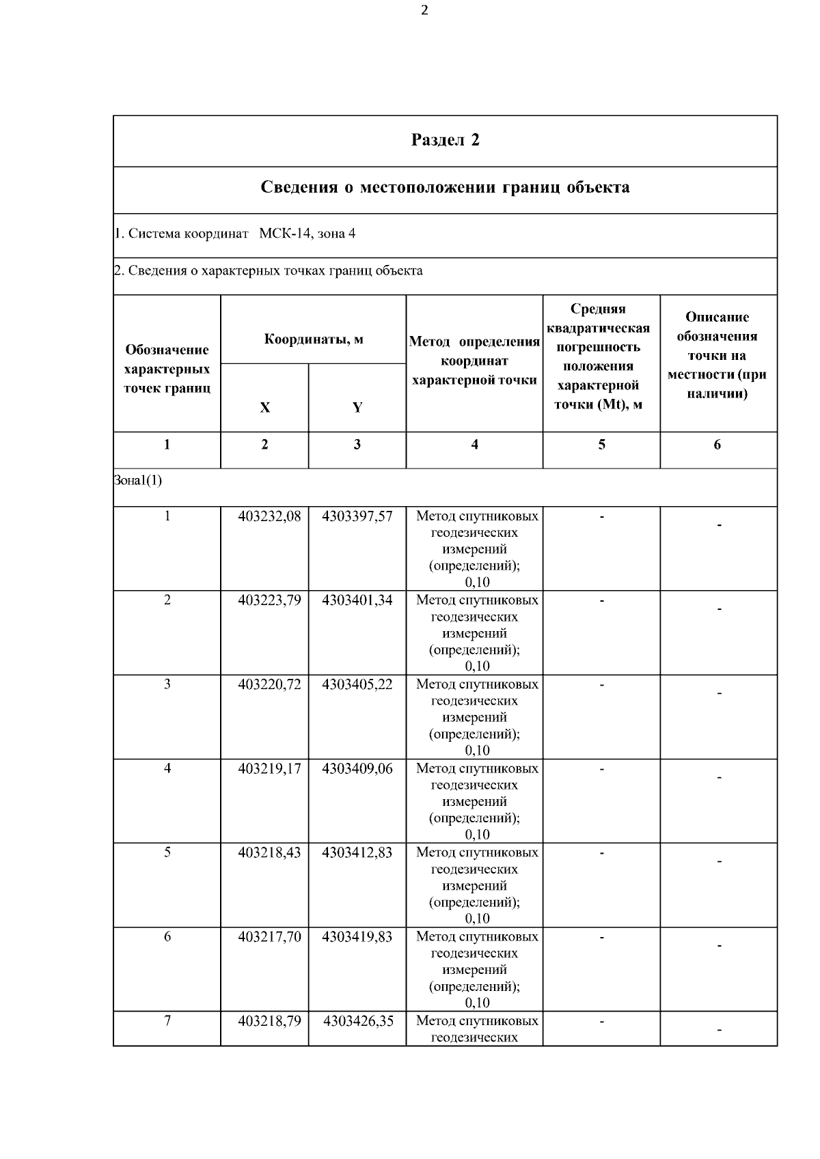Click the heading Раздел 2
[445, 140]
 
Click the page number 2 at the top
[424, 10]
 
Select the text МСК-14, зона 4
[307, 234]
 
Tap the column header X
[264, 408]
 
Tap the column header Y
[357, 408]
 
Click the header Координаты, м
[314, 339]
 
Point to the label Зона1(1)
[138, 480]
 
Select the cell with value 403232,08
[269, 516]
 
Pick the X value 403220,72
[269, 684]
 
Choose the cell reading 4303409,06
[357, 768]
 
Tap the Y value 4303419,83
[357, 936]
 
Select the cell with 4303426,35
[358, 1021]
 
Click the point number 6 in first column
[167, 936]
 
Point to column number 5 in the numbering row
[601, 445]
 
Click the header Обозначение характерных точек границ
[167, 369]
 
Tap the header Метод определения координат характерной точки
[474, 361]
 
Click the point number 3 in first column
[167, 684]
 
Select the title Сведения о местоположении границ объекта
[445, 187]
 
